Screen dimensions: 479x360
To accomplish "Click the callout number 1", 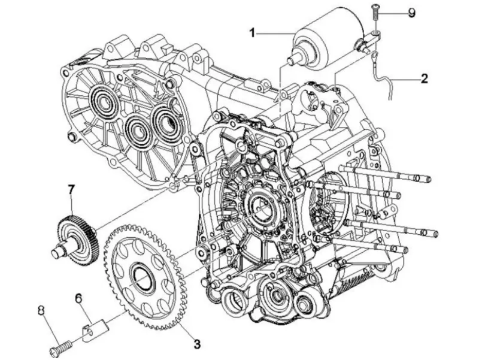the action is point(252,33).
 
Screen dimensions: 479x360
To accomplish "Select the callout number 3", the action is point(197,344).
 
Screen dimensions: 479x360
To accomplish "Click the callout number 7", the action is point(71,190).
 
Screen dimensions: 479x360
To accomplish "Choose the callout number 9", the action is point(411,13).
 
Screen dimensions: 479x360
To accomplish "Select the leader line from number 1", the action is point(275,33).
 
